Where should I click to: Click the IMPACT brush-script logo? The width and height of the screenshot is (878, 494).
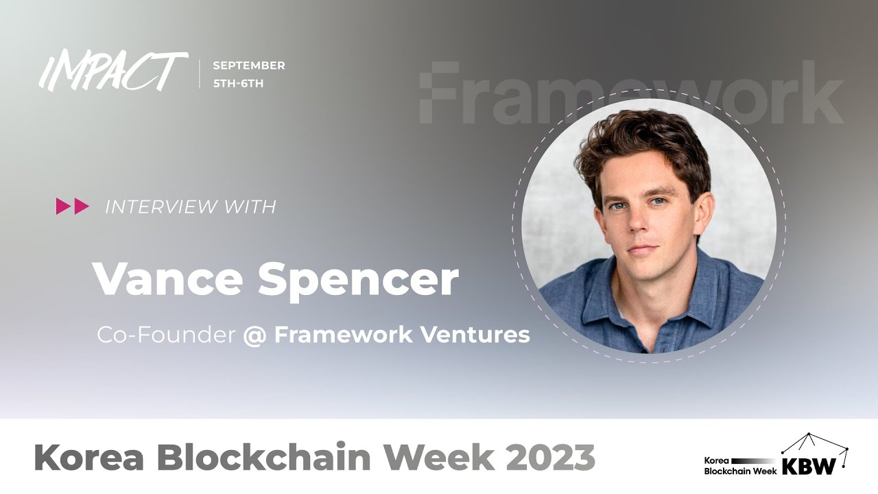pyautogui.click(x=113, y=71)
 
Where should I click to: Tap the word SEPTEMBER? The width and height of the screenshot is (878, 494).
pyautogui.click(x=248, y=66)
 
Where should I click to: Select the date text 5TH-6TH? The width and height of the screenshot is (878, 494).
pyautogui.click(x=238, y=84)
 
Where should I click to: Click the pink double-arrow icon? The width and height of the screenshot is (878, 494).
pyautogui.click(x=73, y=207)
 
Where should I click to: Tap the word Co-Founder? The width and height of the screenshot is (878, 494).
pyautogui.click(x=166, y=335)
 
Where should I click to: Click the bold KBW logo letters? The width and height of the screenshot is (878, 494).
pyautogui.click(x=809, y=466)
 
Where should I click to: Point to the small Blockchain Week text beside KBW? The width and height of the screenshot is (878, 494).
pyautogui.click(x=740, y=471)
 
